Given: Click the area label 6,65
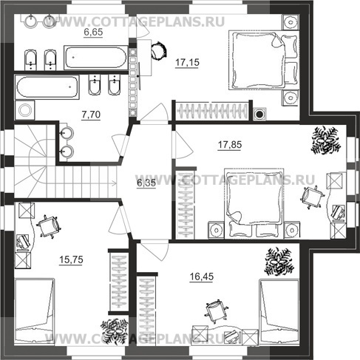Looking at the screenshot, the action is tap(93, 33).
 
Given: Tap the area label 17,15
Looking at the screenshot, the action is tap(187, 63).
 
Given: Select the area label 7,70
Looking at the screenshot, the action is tap(91, 115).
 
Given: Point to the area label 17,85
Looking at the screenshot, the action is tap(230, 145).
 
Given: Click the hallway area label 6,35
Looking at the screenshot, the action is tap(146, 183).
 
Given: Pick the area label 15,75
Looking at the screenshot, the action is tap(71, 259).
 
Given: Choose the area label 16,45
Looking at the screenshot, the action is tap(202, 276).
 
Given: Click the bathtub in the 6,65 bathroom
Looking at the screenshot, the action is tap(96, 58).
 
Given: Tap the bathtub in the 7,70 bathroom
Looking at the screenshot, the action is tap(47, 87).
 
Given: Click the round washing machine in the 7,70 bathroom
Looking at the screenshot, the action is tap(25, 110).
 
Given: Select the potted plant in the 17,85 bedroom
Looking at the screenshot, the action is tap(326, 140).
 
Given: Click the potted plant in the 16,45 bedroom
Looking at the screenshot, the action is tap(279, 262).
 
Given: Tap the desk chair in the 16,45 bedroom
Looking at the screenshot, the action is tap(216, 311).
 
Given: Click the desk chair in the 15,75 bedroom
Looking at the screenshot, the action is tap(48, 226).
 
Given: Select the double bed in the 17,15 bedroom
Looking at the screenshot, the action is tap(263, 60).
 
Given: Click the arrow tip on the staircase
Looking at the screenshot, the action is tap(117, 183).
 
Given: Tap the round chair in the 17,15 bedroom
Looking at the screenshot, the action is tap(159, 50).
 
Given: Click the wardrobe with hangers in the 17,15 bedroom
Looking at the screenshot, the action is tap(212, 111).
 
